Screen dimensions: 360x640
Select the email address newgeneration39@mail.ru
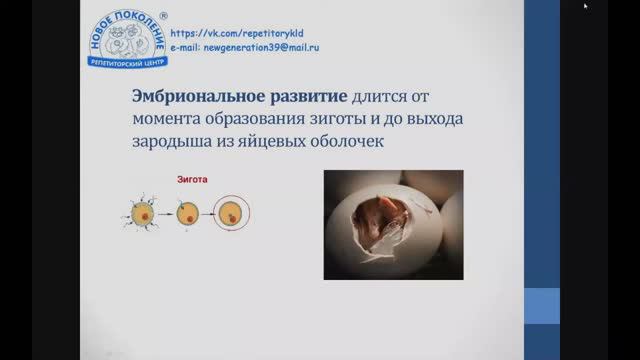[243, 46]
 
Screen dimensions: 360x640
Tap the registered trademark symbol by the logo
[164, 15]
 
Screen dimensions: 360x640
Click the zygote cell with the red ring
[232, 213]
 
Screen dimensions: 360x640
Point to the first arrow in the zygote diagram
[165, 213]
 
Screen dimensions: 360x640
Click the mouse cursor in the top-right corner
[586, 5]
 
